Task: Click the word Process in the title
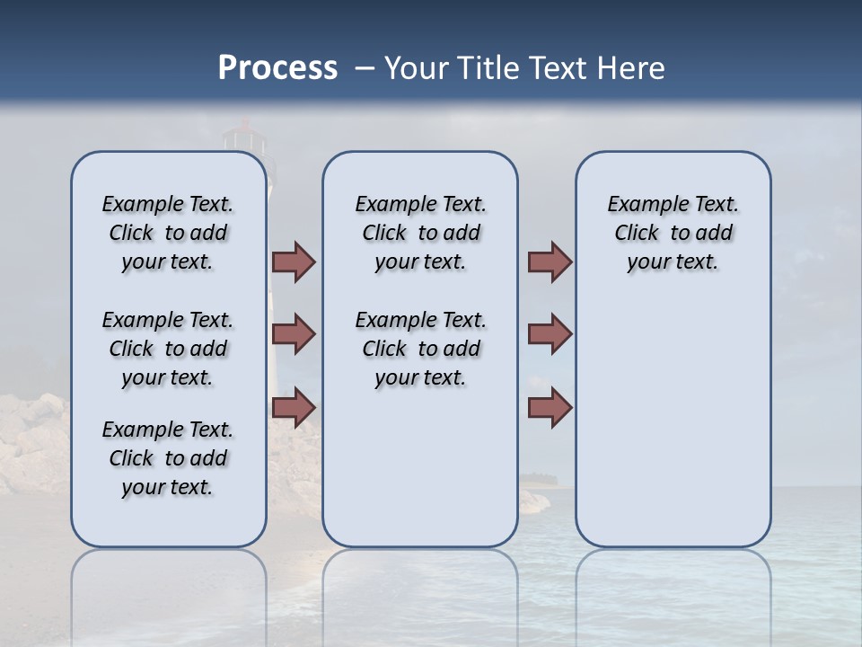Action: click(x=277, y=67)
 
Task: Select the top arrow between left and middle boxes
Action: click(x=294, y=262)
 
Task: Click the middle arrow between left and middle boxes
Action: click(x=294, y=334)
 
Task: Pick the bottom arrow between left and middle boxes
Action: click(x=294, y=407)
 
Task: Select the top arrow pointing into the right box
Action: click(x=550, y=262)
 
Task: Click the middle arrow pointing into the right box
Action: click(x=550, y=334)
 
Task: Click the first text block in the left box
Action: click(x=168, y=233)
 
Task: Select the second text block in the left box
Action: click(x=168, y=349)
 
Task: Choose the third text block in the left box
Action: click(x=168, y=458)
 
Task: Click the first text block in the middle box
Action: click(x=420, y=233)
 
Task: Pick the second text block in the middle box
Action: click(x=420, y=349)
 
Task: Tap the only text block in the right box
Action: click(x=673, y=233)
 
